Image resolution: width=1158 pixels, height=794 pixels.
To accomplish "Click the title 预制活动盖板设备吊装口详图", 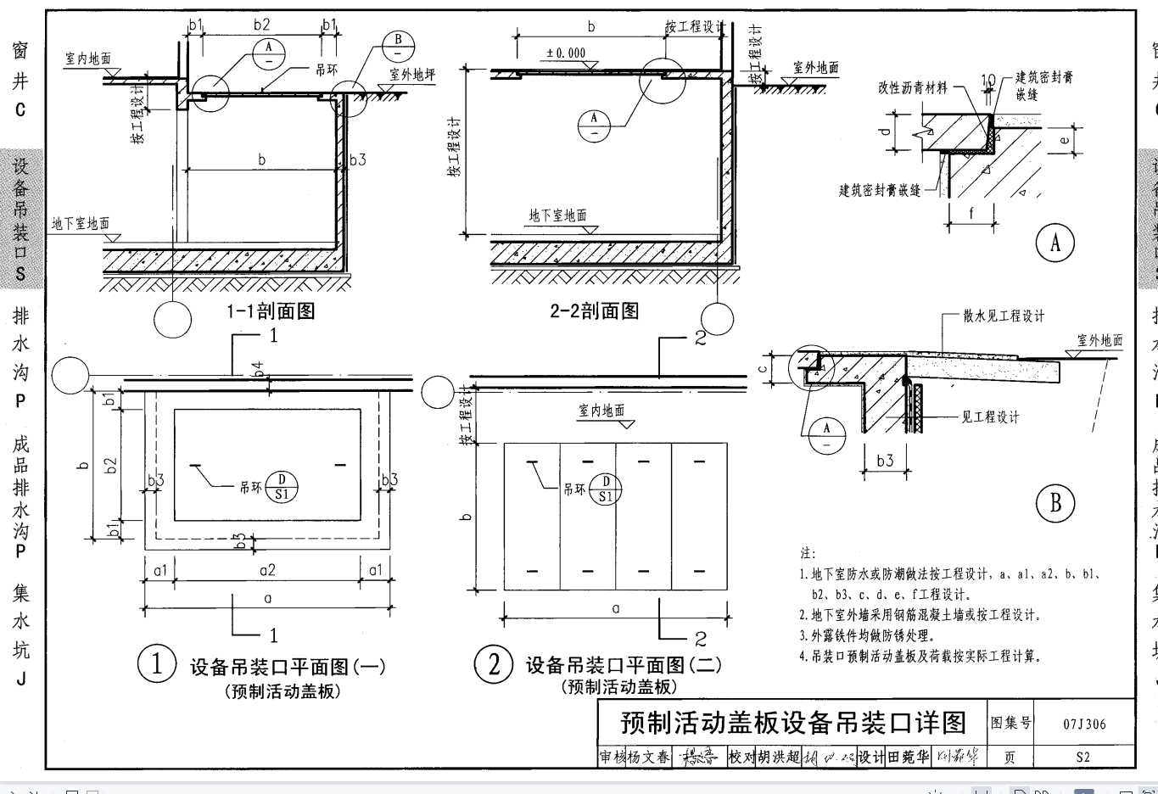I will [x=793, y=723].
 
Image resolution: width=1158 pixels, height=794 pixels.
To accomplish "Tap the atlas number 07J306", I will [x=1084, y=724].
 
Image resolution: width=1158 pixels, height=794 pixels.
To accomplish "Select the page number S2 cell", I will [x=1082, y=757].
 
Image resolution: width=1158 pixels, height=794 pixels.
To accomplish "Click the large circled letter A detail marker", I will [x=1055, y=243].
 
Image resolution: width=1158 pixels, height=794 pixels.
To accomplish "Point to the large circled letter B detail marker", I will [x=1055, y=503].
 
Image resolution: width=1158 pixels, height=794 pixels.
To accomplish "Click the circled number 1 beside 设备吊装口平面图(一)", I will [x=157, y=663].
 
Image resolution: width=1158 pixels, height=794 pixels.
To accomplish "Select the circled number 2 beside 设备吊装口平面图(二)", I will [x=494, y=663].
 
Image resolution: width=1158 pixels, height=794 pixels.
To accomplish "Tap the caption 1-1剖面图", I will [x=271, y=311].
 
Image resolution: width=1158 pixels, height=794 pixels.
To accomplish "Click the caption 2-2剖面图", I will [x=595, y=311].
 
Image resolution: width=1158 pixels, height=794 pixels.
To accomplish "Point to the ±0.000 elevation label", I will [x=566, y=53].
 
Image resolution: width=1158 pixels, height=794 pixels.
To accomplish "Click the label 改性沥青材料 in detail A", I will [x=913, y=87].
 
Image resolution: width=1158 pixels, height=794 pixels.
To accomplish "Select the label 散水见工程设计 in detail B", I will [x=1004, y=316].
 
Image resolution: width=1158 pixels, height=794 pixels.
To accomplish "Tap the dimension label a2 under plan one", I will [x=268, y=571].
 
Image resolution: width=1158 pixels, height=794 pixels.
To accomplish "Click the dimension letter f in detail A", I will [x=971, y=215].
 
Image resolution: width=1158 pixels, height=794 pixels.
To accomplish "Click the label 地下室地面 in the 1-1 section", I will [x=81, y=224].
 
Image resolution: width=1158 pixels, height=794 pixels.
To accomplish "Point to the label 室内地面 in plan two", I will [x=602, y=411].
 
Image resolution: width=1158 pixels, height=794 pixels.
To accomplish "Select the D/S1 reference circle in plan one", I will [x=282, y=487].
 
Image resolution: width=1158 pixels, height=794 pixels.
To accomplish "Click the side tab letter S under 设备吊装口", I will [x=20, y=274].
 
